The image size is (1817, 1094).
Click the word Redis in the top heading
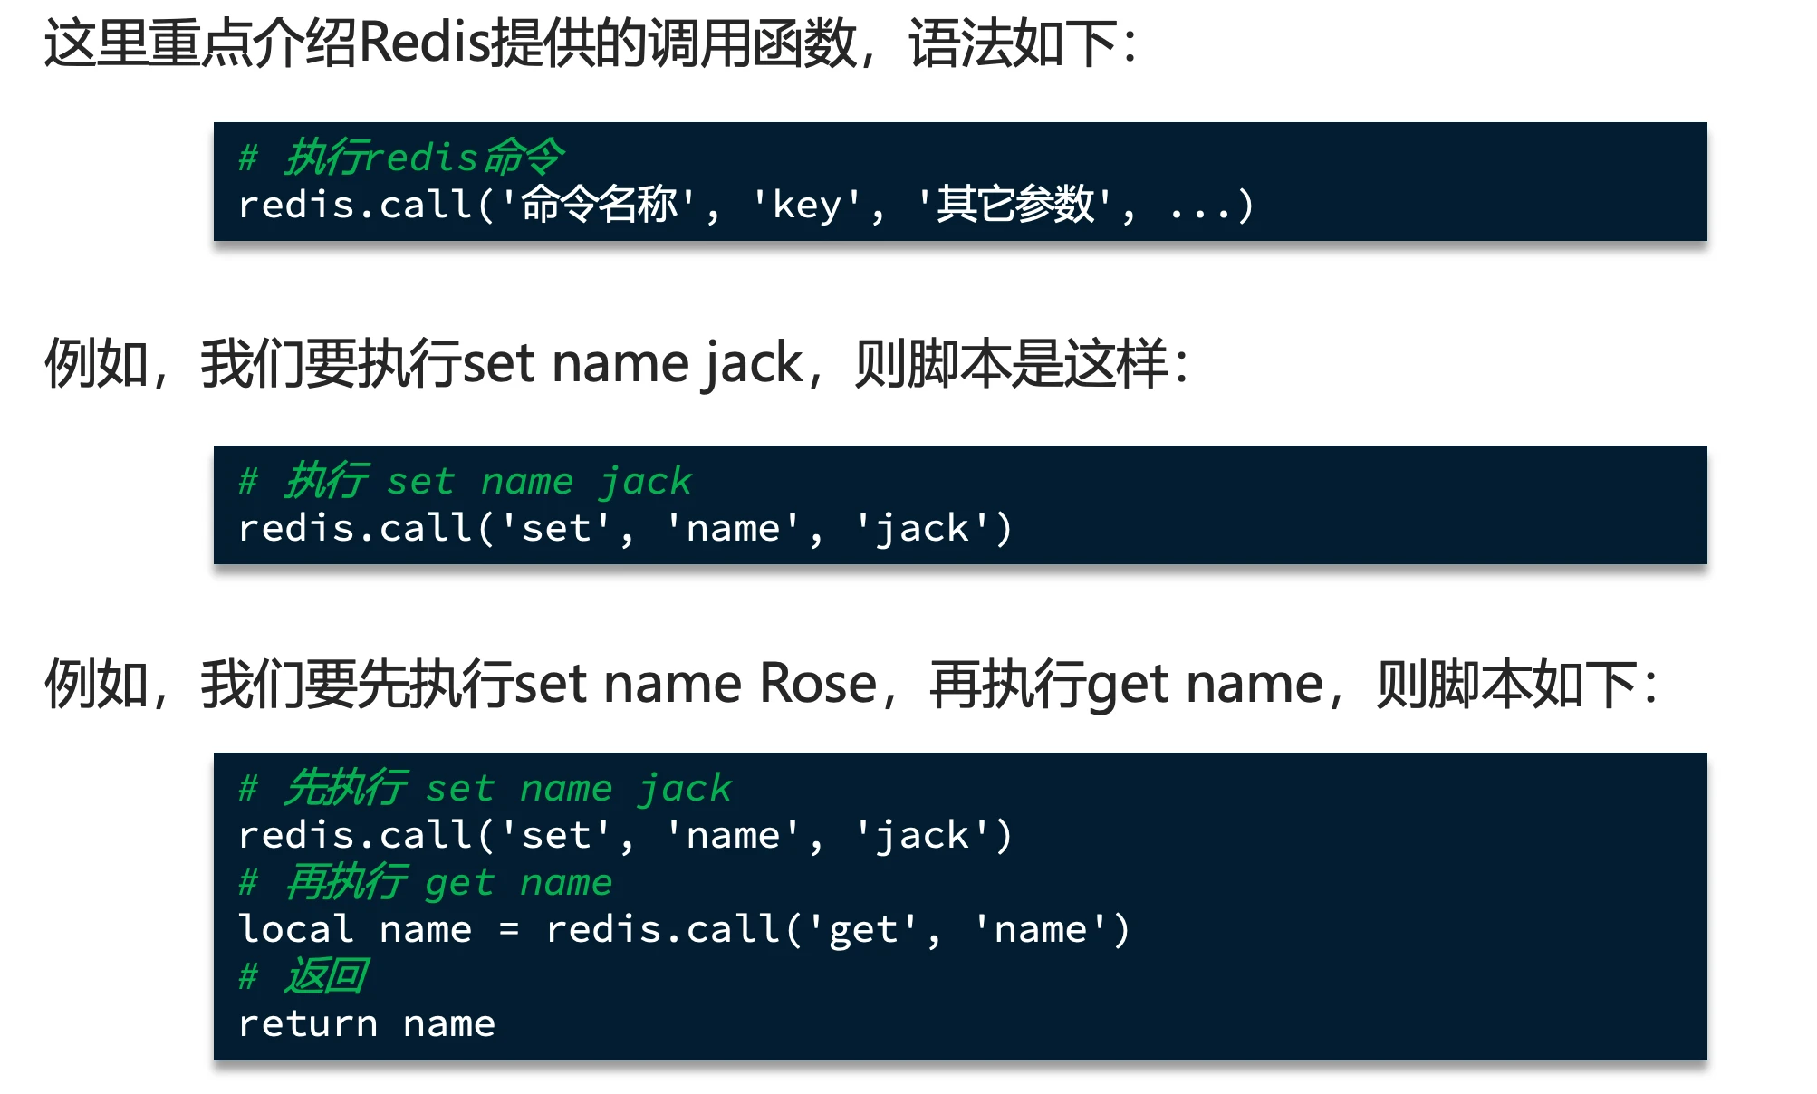(424, 43)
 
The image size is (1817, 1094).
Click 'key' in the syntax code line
(807, 206)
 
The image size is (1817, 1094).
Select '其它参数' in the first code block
(1014, 205)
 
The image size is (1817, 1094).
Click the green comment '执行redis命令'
(424, 158)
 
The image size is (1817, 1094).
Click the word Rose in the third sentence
(818, 684)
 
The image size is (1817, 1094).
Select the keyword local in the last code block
(295, 929)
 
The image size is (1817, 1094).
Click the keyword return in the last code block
(307, 1024)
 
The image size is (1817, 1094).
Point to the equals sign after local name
(509, 930)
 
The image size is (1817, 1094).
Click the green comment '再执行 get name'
(448, 882)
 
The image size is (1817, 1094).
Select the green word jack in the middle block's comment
(646, 482)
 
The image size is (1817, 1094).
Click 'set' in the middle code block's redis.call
(555, 529)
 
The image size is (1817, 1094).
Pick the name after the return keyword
(449, 1024)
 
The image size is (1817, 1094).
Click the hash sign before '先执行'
(248, 788)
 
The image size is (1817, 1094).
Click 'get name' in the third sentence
(1205, 684)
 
